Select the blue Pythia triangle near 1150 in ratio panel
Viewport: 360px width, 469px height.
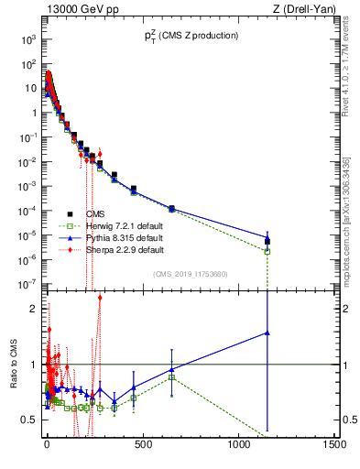click(267, 333)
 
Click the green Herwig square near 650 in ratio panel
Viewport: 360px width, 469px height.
click(172, 377)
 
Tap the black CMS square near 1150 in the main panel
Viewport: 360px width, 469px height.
click(267, 242)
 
